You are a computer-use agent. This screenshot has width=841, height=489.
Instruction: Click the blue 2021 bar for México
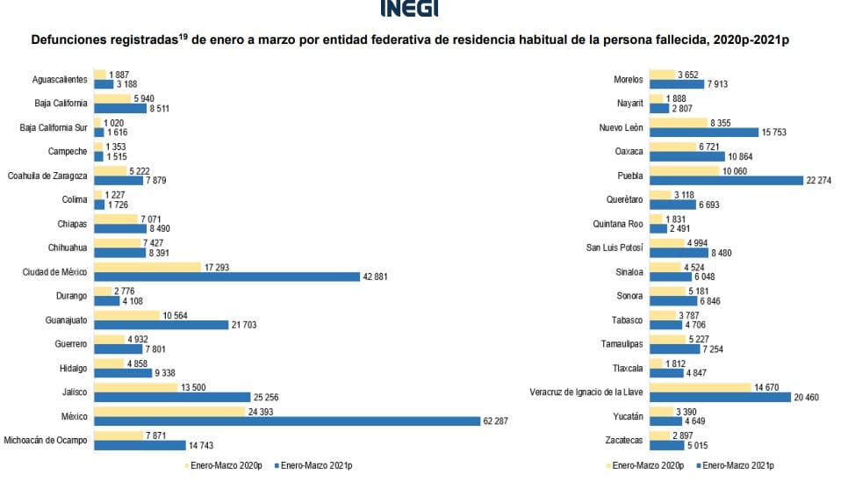(286, 421)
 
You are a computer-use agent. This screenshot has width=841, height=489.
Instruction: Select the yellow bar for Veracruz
(701, 386)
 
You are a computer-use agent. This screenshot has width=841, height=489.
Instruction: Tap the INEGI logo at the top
(409, 8)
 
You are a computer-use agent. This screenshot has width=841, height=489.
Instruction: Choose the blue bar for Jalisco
(172, 397)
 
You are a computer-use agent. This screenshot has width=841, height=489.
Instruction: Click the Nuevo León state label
(622, 126)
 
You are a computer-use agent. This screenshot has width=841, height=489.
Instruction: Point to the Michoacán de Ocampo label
(46, 440)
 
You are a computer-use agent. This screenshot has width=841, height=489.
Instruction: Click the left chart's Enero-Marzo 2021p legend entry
(320, 465)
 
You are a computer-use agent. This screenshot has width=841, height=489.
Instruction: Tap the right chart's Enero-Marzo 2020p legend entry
(648, 465)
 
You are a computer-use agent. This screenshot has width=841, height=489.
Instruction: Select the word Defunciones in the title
(71, 40)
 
